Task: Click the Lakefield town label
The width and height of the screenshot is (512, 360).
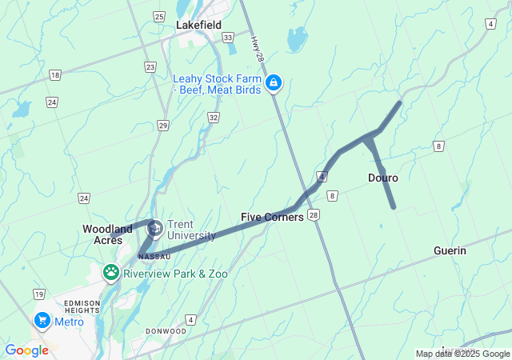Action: [198, 26]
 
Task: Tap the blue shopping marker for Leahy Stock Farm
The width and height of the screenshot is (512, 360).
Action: [274, 83]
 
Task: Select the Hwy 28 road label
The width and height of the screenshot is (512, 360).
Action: [256, 49]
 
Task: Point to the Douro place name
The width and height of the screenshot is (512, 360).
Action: [383, 178]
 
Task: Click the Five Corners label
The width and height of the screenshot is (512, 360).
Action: [272, 217]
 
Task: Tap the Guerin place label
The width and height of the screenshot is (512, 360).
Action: [450, 250]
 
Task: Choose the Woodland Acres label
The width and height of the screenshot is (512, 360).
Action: [107, 234]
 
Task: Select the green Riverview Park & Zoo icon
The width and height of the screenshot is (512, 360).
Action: [111, 273]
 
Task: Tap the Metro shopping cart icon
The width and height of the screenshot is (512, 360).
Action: [42, 321]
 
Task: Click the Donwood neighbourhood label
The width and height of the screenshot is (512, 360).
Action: [166, 331]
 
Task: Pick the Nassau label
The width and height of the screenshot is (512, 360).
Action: [154, 257]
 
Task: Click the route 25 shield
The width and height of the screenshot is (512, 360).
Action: [159, 16]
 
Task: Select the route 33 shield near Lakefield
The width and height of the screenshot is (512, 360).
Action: [228, 37]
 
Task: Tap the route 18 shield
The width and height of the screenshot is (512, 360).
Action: [54, 75]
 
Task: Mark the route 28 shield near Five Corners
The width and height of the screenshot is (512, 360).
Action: [314, 215]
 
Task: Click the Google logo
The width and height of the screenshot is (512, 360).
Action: [26, 350]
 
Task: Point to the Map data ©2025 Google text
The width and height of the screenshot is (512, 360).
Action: [462, 354]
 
